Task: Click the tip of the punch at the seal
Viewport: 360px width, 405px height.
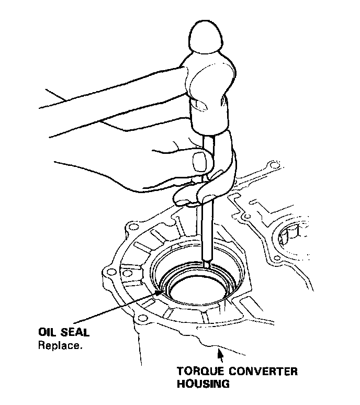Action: point(208,266)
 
